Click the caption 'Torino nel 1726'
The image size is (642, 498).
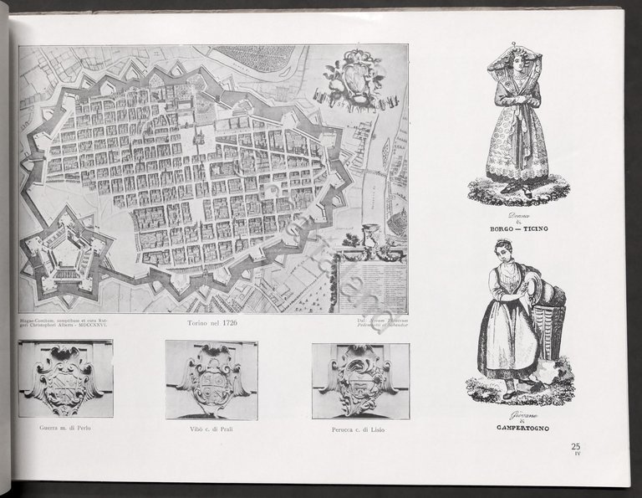click(x=214, y=322)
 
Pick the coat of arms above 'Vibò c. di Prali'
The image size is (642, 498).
click(x=211, y=379)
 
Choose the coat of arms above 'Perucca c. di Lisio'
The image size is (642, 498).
click(x=360, y=379)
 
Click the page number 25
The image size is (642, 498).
click(x=576, y=446)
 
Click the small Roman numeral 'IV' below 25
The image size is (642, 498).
click(x=576, y=455)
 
